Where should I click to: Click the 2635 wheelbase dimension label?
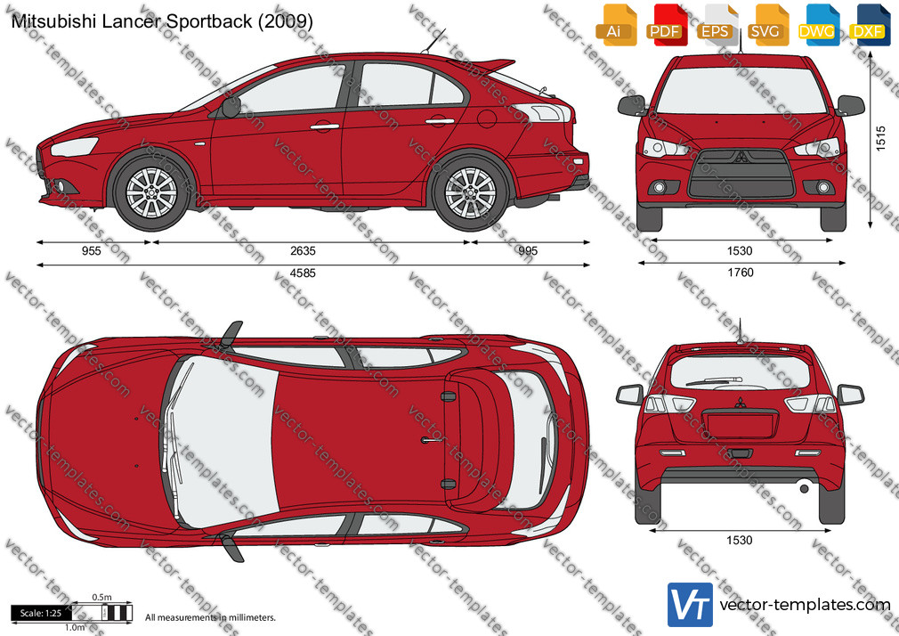(x=303, y=251)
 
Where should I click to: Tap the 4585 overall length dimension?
(x=303, y=273)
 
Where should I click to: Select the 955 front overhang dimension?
(x=92, y=251)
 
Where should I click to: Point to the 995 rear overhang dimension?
(x=528, y=251)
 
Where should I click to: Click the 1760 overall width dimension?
(x=741, y=273)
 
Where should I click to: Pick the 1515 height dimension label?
(x=881, y=138)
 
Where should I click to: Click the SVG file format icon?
(x=766, y=25)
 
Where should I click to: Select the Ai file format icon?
(x=615, y=25)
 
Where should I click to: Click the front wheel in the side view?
(x=152, y=192)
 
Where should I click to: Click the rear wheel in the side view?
(x=470, y=193)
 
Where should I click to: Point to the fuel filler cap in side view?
(x=486, y=118)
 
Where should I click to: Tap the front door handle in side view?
(x=325, y=126)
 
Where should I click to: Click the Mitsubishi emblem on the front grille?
(x=741, y=157)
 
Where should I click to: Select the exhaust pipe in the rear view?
(x=805, y=489)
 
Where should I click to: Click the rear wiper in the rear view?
(x=715, y=381)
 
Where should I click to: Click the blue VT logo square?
(x=690, y=605)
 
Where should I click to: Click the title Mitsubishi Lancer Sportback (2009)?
(x=162, y=21)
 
